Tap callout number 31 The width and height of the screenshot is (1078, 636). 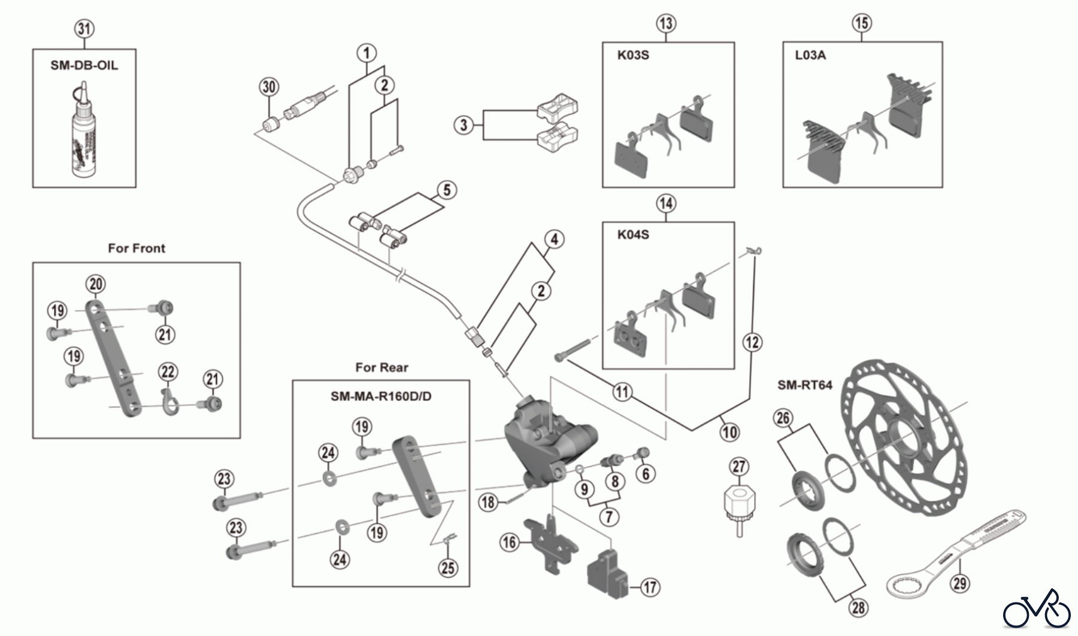[84, 29]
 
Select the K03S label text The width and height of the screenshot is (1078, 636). [633, 56]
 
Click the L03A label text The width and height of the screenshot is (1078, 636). [810, 56]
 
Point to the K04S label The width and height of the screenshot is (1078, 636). [633, 235]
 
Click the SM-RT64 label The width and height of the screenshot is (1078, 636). [804, 385]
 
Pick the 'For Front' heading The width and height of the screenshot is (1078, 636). [137, 248]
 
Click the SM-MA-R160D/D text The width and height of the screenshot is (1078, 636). [381, 396]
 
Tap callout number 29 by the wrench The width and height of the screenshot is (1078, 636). [960, 583]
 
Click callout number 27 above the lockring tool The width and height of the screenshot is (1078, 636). [740, 467]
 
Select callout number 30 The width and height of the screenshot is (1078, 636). [269, 87]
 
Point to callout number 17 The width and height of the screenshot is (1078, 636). [650, 588]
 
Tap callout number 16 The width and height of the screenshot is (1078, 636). [509, 543]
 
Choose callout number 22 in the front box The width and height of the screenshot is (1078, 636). [168, 372]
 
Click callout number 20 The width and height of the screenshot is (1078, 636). [96, 284]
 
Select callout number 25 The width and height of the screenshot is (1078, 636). [448, 567]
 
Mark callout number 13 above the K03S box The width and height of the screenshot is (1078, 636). [666, 23]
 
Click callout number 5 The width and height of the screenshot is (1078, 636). [447, 190]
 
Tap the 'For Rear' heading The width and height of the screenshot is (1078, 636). [381, 367]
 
